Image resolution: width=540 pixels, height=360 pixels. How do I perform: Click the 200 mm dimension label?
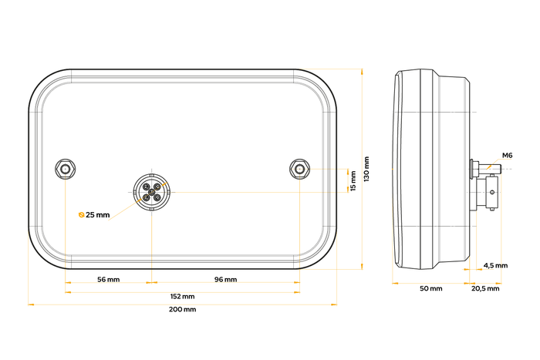pyautogui.click(x=182, y=309)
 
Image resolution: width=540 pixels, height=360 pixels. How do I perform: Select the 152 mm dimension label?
pyautogui.click(x=182, y=296)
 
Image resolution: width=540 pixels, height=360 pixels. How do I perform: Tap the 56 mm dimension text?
pyautogui.click(x=109, y=280)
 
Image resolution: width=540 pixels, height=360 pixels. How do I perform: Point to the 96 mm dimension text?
pyautogui.click(x=225, y=280)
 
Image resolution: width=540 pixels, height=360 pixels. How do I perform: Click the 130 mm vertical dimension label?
pyautogui.click(x=366, y=169)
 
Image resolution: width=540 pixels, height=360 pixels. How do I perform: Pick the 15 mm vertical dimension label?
pyautogui.click(x=353, y=180)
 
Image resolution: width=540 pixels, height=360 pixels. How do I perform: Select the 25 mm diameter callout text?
pyautogui.click(x=97, y=215)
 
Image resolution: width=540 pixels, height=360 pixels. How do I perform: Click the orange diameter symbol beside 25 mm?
pyautogui.click(x=82, y=215)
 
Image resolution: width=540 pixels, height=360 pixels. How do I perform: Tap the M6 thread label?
pyautogui.click(x=507, y=156)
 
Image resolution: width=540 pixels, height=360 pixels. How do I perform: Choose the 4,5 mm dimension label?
pyautogui.click(x=495, y=265)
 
